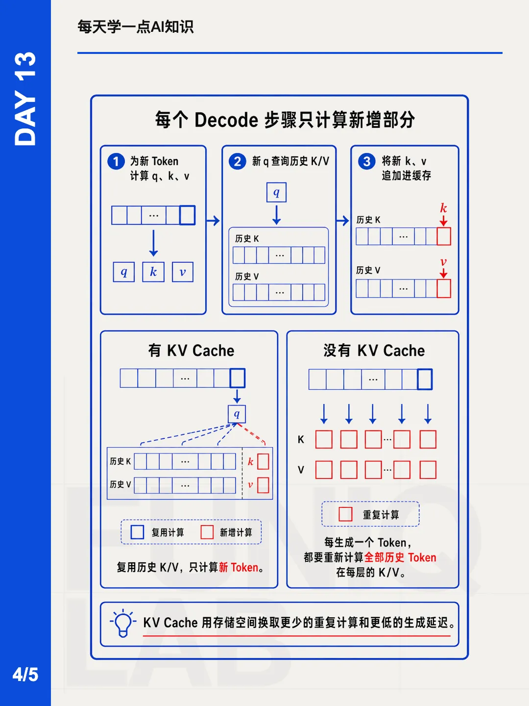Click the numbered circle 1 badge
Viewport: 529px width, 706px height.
pyautogui.click(x=116, y=161)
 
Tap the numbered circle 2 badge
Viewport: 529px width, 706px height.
pyautogui.click(x=238, y=161)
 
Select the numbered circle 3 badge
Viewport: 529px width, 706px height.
pyautogui.click(x=366, y=161)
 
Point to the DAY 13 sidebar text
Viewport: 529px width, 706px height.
pyautogui.click(x=25, y=99)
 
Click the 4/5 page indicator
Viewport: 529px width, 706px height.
pyautogui.click(x=25, y=675)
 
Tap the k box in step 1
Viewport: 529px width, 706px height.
pyautogui.click(x=153, y=272)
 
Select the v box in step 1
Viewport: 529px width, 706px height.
pyautogui.click(x=182, y=272)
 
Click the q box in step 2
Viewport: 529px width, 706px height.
pyautogui.click(x=276, y=192)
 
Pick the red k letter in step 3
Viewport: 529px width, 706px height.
pyautogui.click(x=444, y=208)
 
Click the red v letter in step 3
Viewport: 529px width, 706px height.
pyautogui.click(x=444, y=262)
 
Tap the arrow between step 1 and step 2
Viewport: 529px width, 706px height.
pyautogui.click(x=213, y=221)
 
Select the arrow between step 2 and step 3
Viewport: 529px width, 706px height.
pyautogui.click(x=342, y=221)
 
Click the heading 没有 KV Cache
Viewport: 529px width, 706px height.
pyautogui.click(x=374, y=351)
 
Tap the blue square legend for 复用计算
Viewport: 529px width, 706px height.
pyautogui.click(x=137, y=532)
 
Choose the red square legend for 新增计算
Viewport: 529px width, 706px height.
pyautogui.click(x=207, y=532)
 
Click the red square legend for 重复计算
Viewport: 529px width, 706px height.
pyautogui.click(x=346, y=514)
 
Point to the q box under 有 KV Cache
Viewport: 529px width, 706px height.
pyautogui.click(x=237, y=414)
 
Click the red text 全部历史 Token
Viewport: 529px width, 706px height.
pyautogui.click(x=400, y=557)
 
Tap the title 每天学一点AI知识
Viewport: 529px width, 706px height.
pyautogui.click(x=136, y=26)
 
